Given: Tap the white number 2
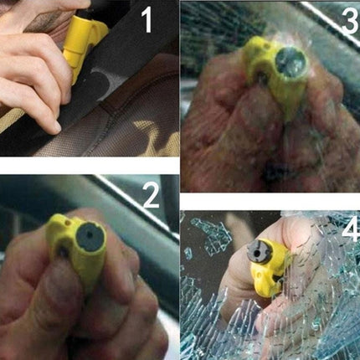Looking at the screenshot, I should (150, 196).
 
